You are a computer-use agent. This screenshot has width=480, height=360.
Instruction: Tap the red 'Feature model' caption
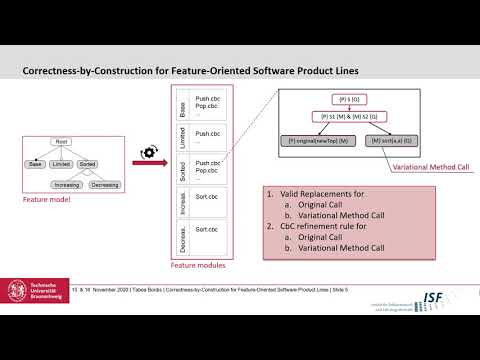pos(48,200)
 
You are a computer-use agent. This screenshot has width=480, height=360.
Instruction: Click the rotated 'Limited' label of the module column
pos(182,137)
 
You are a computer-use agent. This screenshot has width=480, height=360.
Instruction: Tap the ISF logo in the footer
pos(436,327)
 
